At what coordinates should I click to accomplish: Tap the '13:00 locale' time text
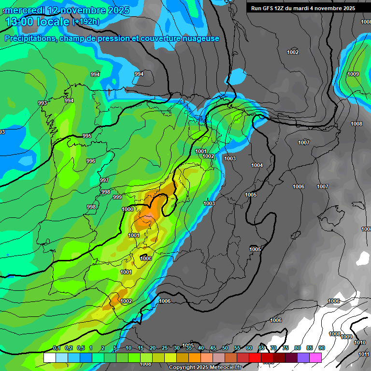(x=37, y=22)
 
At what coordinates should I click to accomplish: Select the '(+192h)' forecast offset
(x=86, y=22)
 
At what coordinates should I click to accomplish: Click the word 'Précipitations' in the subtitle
(x=29, y=39)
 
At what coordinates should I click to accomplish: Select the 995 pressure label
(x=87, y=136)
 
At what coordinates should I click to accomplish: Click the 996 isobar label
(x=91, y=161)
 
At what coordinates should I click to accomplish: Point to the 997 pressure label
(x=104, y=180)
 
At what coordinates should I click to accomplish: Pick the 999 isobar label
(x=117, y=197)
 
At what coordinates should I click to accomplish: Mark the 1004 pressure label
(x=257, y=166)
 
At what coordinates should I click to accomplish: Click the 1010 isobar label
(x=359, y=342)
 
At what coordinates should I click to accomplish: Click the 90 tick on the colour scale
(x=321, y=348)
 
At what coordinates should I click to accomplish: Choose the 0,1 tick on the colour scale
(x=56, y=348)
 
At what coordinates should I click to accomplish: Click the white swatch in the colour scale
(x=50, y=357)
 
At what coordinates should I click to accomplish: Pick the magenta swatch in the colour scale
(x=315, y=357)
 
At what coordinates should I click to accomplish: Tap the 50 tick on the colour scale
(x=225, y=348)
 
